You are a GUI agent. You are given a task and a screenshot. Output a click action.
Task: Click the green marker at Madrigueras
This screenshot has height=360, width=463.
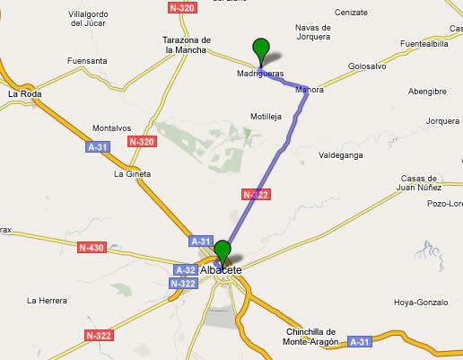[261, 50]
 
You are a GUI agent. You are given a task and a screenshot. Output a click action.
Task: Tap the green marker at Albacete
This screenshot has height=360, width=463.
[223, 251]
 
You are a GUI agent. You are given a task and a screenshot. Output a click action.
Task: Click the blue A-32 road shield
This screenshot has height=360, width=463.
[186, 269]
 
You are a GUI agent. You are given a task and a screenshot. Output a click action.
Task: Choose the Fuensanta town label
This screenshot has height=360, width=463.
[86, 61]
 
